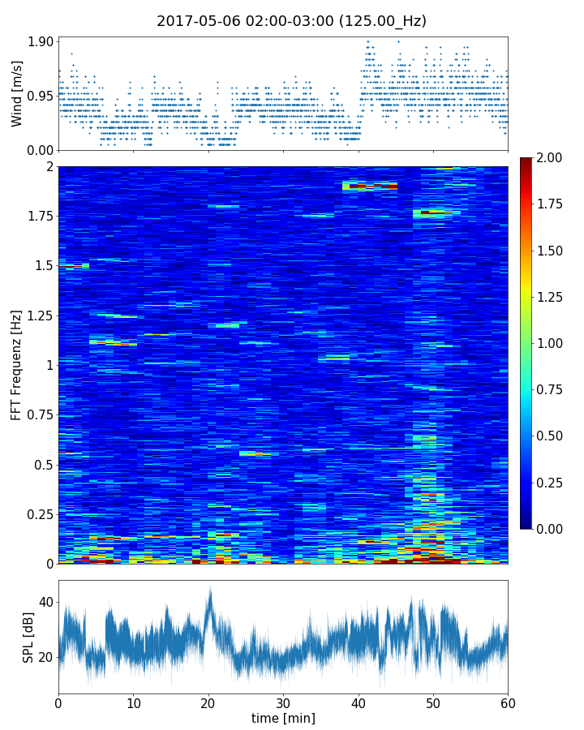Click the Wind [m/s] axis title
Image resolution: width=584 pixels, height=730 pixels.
[17, 92]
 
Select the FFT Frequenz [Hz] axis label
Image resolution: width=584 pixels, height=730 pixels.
[17, 364]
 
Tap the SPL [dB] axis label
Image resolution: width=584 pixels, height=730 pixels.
[29, 637]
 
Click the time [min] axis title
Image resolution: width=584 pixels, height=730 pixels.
[283, 718]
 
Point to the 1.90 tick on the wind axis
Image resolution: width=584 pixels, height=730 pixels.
[40, 42]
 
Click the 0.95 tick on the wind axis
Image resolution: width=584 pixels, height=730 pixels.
[40, 96]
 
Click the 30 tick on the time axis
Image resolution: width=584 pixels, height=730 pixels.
[283, 702]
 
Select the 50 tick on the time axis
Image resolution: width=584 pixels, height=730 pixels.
[433, 702]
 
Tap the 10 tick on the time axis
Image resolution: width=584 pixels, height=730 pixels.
[133, 702]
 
